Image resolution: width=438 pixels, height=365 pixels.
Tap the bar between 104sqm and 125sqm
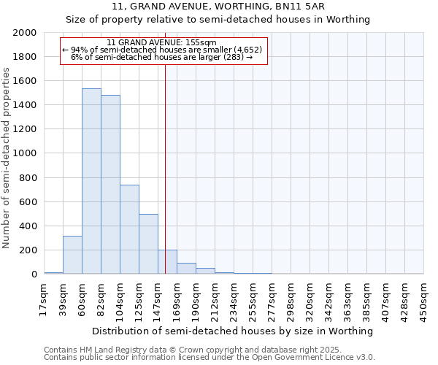(129, 229)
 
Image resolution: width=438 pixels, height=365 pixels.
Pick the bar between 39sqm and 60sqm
(72, 255)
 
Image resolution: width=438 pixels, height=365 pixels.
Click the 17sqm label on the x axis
(45, 297)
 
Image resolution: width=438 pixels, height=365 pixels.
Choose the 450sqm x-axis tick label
(424, 299)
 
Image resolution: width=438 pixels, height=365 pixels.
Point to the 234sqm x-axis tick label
(234, 299)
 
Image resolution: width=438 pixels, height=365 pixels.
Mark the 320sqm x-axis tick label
(310, 299)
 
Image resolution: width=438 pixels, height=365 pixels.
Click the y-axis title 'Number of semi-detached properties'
(7, 157)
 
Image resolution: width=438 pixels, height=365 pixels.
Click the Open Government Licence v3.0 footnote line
(210, 358)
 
